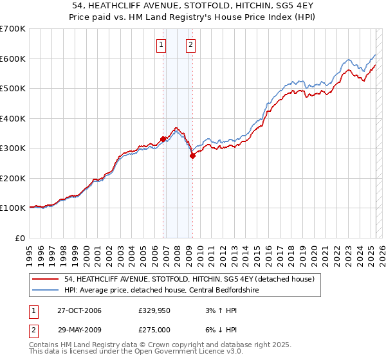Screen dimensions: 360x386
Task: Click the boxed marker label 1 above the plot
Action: [160, 45]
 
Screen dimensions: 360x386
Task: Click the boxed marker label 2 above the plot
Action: [191, 45]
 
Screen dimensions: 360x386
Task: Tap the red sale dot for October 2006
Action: [163, 139]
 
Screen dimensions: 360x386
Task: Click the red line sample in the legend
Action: [46, 279]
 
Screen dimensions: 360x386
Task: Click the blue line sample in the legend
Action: [46, 290]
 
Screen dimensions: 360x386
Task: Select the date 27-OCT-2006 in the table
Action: [84, 311]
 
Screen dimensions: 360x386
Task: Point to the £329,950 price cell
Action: [154, 311]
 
